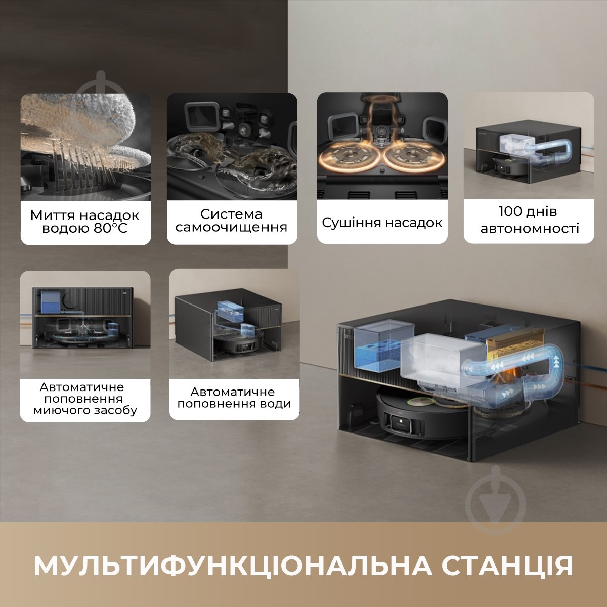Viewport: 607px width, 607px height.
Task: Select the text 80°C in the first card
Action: tap(110, 228)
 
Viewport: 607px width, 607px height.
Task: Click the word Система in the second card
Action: tap(231, 214)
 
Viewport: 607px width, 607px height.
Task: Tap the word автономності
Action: tap(530, 228)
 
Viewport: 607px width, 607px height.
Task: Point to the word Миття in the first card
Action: tap(49, 215)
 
